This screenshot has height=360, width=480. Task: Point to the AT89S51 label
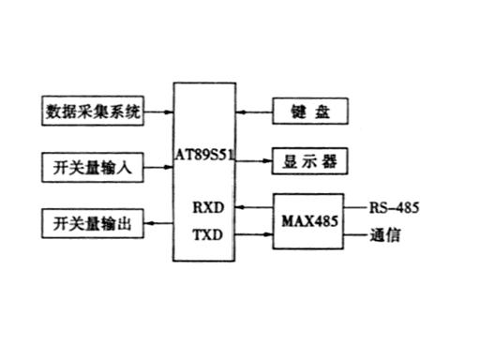[204, 155]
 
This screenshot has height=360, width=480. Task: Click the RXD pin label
[208, 207]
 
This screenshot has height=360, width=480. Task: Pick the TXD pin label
[208, 234]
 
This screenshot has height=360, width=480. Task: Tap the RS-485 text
[394, 208]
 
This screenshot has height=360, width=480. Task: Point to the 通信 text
[385, 235]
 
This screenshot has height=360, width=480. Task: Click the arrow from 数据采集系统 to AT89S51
[158, 112]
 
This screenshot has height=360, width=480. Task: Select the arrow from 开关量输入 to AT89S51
[158, 167]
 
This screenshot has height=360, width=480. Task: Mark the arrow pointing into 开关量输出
[158, 223]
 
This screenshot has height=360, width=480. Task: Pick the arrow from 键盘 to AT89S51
[254, 112]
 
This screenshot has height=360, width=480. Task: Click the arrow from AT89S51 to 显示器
[253, 161]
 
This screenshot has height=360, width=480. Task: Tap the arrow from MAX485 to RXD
[254, 207]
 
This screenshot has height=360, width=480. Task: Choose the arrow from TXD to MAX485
[254, 234]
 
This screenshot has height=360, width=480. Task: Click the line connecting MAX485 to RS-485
[355, 207]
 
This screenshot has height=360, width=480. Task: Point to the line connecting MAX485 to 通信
[355, 234]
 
